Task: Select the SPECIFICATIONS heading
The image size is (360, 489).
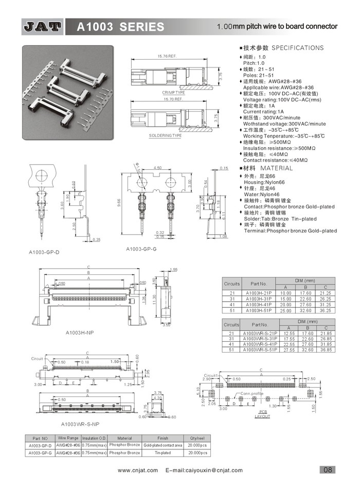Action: pyautogui.click(x=297, y=48)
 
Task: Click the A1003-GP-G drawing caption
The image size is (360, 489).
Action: pyautogui.click(x=141, y=249)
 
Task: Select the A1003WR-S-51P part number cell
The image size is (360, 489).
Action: pyautogui.click(x=260, y=350)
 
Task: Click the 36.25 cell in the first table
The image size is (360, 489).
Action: pyautogui.click(x=325, y=310)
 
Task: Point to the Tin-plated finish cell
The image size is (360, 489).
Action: pyautogui.click(x=163, y=452)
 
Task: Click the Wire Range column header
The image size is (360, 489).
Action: pyautogui.click(x=68, y=438)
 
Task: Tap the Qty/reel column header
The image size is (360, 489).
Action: pyautogui.click(x=197, y=438)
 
